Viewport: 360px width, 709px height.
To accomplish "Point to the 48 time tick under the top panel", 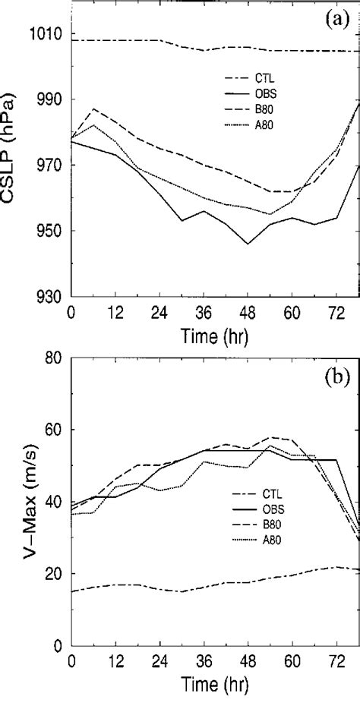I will (248, 312).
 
